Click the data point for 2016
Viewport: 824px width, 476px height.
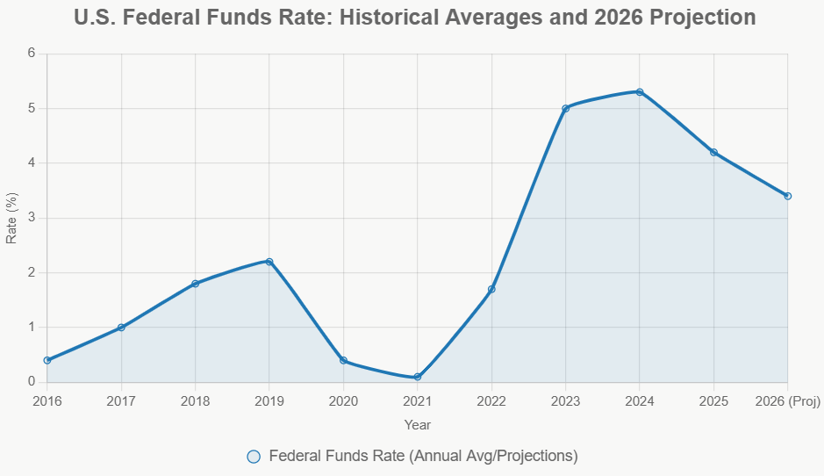coord(47,360)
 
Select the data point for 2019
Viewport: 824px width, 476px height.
coord(269,262)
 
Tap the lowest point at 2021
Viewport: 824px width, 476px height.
coord(418,377)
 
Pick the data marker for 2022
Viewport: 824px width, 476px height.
coord(491,289)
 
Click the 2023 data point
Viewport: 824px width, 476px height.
coord(565,108)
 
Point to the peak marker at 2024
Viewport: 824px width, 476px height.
coord(640,92)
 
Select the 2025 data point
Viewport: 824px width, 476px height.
coord(713,152)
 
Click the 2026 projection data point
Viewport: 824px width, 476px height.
coord(787,196)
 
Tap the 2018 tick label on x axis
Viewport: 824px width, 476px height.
coord(195,401)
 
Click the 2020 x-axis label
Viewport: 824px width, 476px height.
coord(343,401)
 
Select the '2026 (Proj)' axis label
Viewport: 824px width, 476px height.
coord(787,401)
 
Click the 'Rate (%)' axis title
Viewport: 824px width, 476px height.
coord(11,218)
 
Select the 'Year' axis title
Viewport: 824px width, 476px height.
coord(418,425)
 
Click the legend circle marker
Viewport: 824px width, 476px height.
coord(254,457)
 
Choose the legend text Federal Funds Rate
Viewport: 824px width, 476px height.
coord(423,457)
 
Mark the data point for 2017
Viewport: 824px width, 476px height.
coord(121,328)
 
